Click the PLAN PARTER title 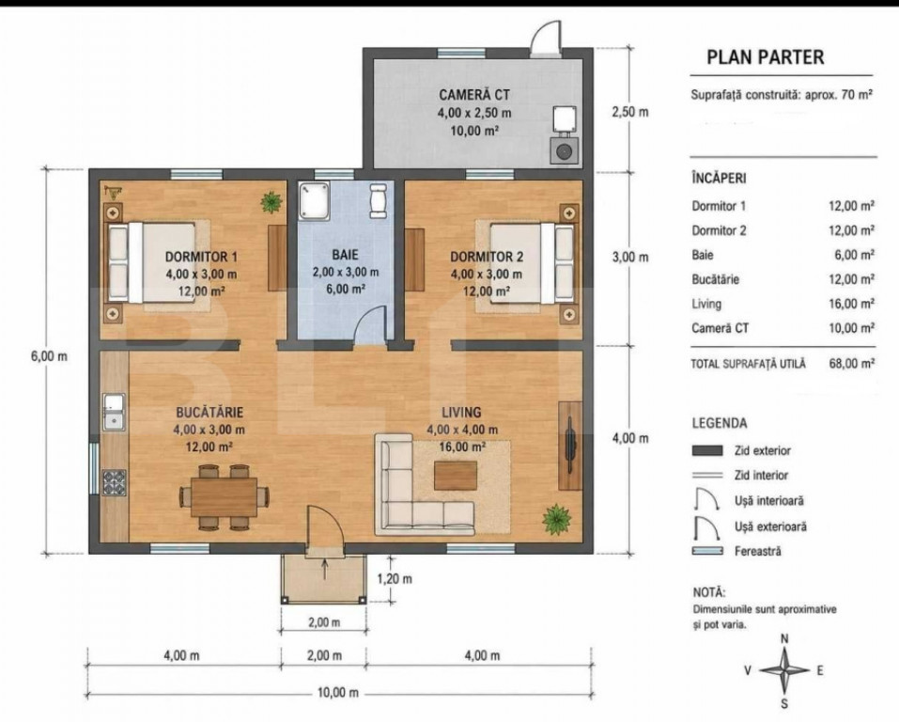coord(765,57)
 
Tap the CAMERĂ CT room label coord(474,95)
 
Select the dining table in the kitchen coord(225,497)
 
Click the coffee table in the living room coord(456,476)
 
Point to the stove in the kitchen coord(114,482)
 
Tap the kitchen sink coord(114,412)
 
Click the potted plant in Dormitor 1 coord(271,201)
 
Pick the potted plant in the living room coord(556,519)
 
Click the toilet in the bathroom coord(378,200)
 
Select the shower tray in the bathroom coord(314,201)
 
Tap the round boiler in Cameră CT coord(565,151)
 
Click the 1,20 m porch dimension coord(395,578)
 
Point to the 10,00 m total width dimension coord(338,693)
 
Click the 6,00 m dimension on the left coord(49,356)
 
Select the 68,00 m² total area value coord(851,363)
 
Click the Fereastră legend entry coord(757,552)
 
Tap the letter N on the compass coord(785,638)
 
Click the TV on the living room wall coord(570,445)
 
